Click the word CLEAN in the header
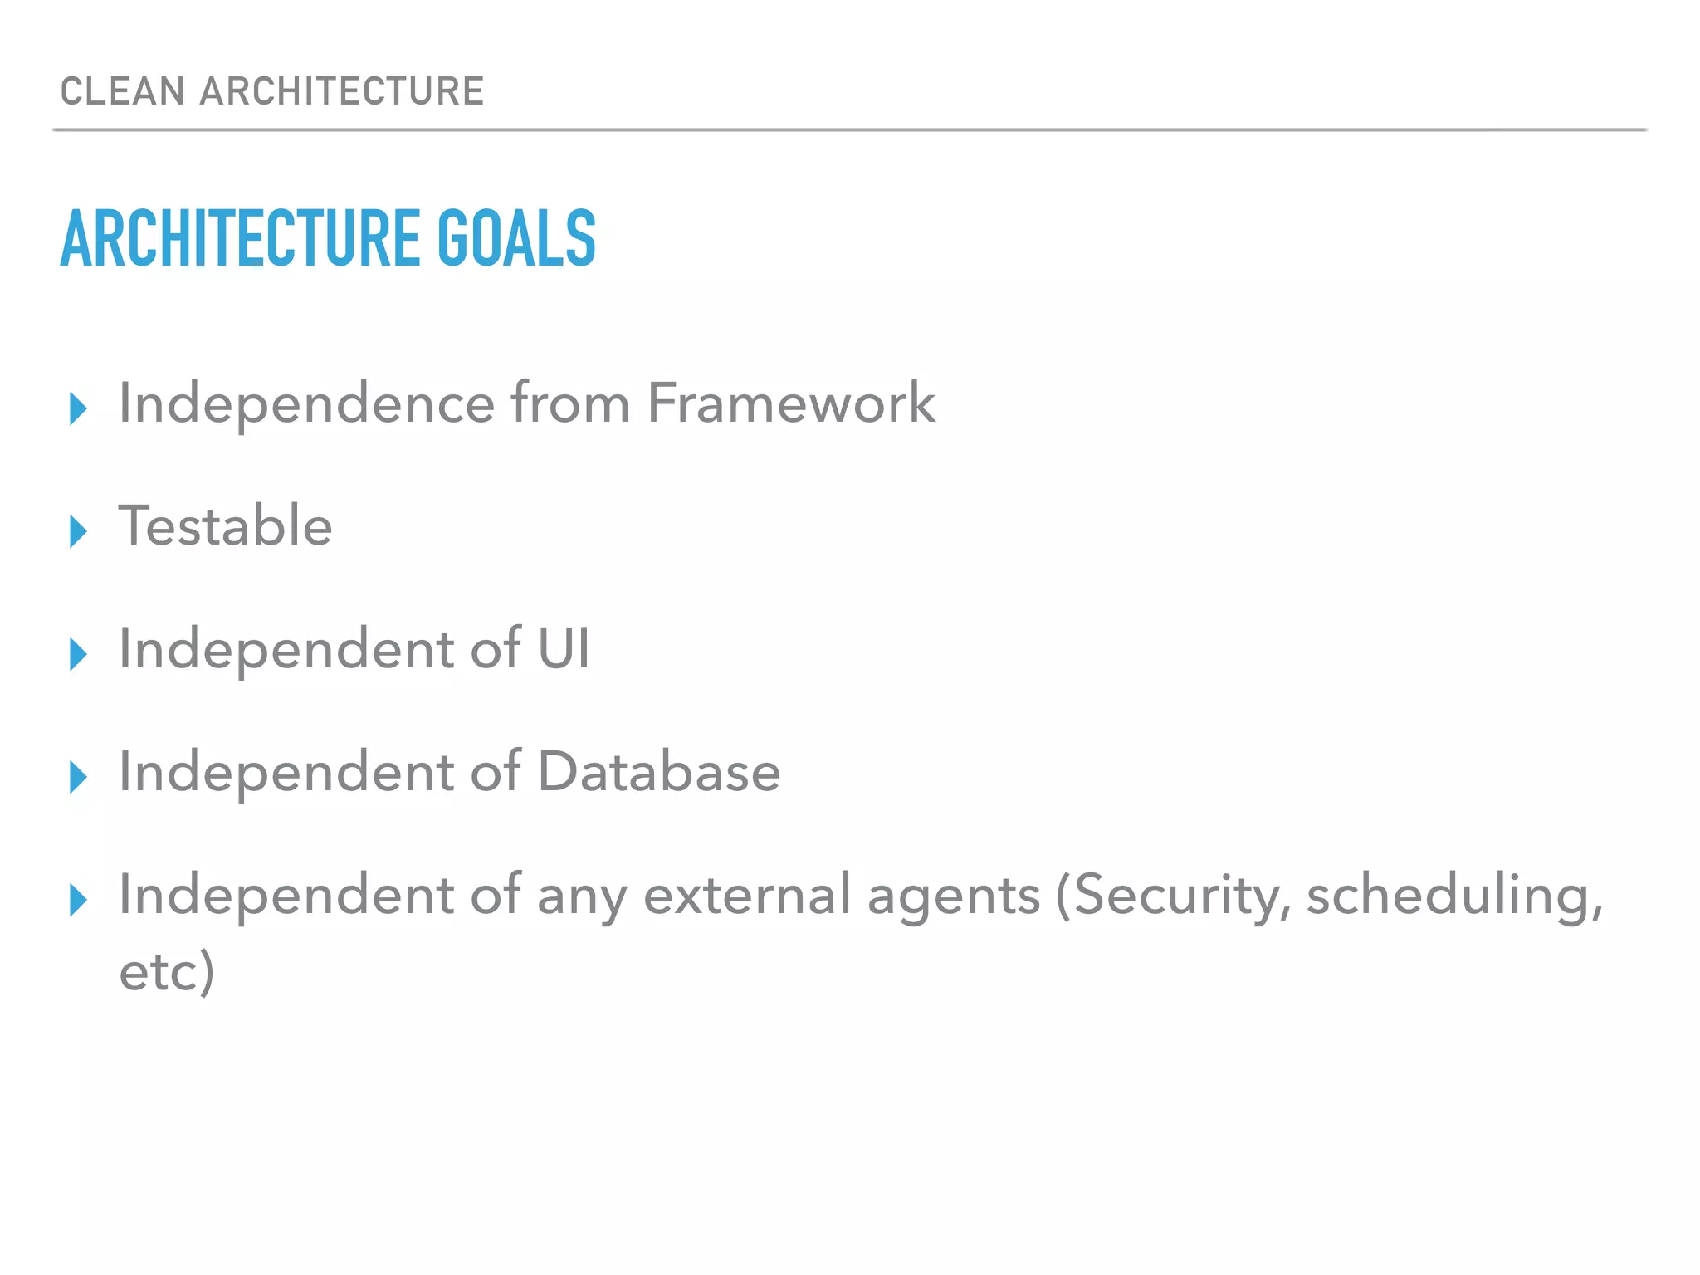click(122, 91)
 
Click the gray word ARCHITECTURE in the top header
click(341, 91)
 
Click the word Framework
click(790, 403)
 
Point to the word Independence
click(306, 403)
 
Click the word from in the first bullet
click(569, 403)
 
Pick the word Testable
click(225, 526)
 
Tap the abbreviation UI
click(564, 648)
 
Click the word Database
click(659, 772)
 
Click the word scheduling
click(1453, 896)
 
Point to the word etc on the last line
click(159, 971)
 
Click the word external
click(746, 895)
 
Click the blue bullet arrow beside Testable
click(79, 531)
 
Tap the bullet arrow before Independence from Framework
click(79, 408)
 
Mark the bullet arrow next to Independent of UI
click(79, 654)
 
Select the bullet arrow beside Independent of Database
click(79, 777)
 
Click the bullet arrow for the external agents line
click(79, 900)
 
